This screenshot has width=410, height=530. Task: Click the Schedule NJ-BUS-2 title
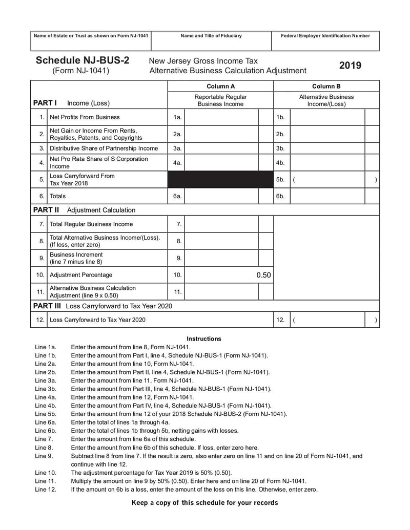(x=82, y=60)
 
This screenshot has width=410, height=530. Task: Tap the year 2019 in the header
(x=350, y=66)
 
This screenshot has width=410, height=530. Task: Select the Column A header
(x=220, y=86)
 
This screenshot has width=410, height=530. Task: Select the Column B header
(x=326, y=86)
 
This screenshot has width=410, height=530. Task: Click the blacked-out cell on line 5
(x=220, y=180)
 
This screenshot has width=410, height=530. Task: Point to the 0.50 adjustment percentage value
(x=263, y=275)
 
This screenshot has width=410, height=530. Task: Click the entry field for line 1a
(x=221, y=117)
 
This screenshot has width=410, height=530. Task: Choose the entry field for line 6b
(x=327, y=196)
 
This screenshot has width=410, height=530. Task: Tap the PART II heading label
(x=46, y=210)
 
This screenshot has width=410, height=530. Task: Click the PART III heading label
(x=47, y=306)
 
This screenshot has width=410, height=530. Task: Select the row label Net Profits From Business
(x=85, y=117)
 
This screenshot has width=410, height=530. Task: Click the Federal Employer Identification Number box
(x=325, y=40)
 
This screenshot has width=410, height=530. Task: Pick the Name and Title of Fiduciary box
(x=211, y=40)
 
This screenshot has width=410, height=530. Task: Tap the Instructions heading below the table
(x=204, y=338)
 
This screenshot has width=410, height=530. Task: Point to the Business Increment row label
(x=76, y=258)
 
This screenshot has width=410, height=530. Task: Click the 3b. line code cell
(x=280, y=149)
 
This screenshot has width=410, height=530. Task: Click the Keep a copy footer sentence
(x=204, y=502)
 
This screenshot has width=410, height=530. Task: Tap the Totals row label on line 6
(x=57, y=196)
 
